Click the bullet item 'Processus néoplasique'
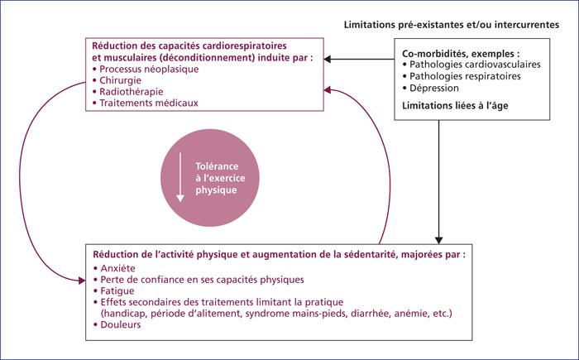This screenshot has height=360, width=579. tap(149, 70)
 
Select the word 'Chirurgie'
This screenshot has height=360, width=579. tap(121, 80)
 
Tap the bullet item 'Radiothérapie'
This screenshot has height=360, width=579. tap(131, 92)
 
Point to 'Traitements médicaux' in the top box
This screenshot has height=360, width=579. tap(149, 103)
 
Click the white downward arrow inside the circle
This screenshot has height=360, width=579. tap(180, 177)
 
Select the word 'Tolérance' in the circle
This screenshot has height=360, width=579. tap(217, 166)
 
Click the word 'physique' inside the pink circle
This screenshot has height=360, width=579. tap(216, 190)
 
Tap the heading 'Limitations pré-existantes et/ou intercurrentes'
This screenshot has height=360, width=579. tap(452, 25)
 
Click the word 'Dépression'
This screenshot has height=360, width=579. tap(434, 89)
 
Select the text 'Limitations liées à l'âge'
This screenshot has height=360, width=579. tap(455, 106)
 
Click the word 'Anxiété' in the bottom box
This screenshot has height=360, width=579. tap(117, 268)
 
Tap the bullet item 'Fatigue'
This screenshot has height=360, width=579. tap(117, 290)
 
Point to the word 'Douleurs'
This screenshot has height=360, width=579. tap(121, 325)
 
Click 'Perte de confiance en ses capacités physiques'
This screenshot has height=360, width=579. tap(202, 280)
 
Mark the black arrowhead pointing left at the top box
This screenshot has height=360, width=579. tap(328, 59)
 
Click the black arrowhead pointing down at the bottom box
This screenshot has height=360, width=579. tap(438, 240)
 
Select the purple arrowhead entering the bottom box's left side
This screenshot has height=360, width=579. tap(82, 281)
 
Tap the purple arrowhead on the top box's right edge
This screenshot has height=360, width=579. tap(328, 90)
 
